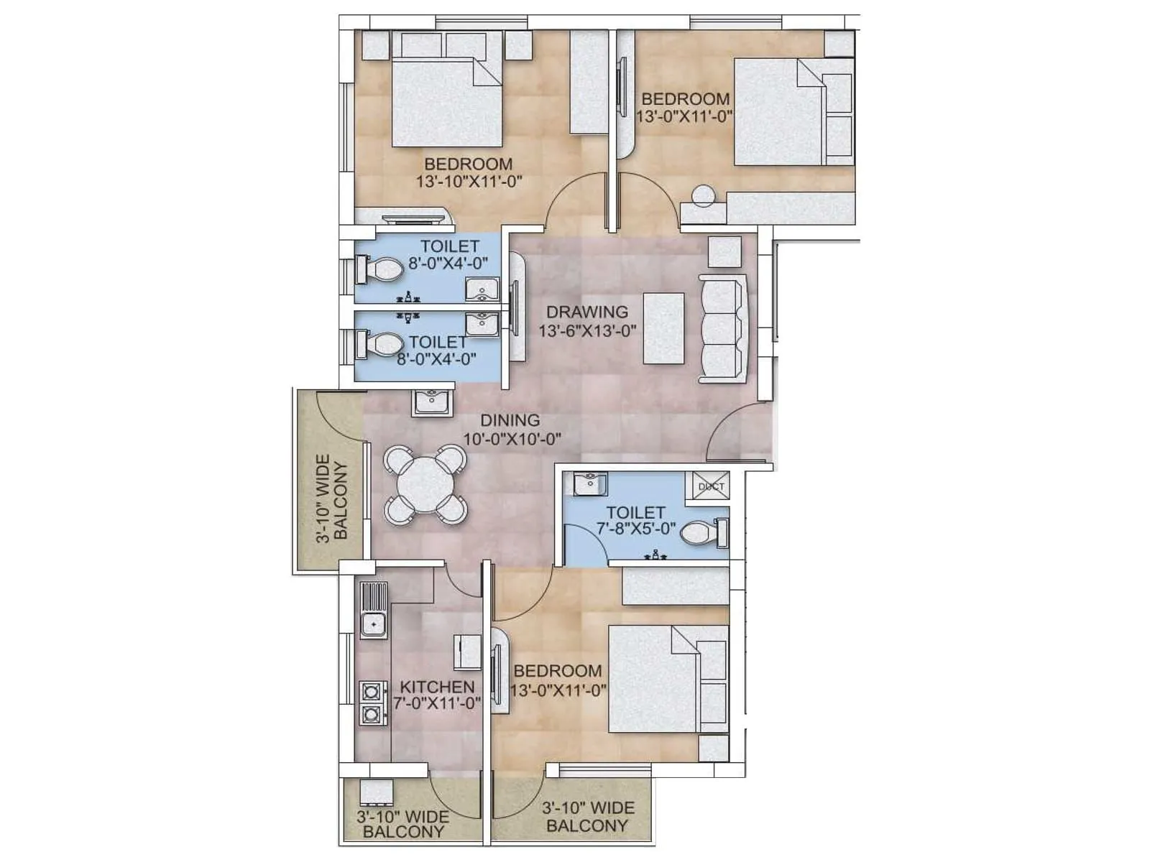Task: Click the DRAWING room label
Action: pyautogui.click(x=586, y=312)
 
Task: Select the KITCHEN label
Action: pyautogui.click(x=437, y=687)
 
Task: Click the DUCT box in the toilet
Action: pyautogui.click(x=711, y=486)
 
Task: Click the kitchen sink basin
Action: pyautogui.click(x=374, y=624)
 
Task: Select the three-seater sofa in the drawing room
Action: pyautogui.click(x=722, y=330)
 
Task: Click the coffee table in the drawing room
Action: pyautogui.click(x=663, y=328)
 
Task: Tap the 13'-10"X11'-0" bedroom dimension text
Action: pyautogui.click(x=469, y=182)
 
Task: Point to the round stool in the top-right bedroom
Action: pyautogui.click(x=702, y=195)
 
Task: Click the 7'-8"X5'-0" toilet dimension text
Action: pyautogui.click(x=635, y=530)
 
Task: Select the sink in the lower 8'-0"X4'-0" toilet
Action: pyautogui.click(x=481, y=324)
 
